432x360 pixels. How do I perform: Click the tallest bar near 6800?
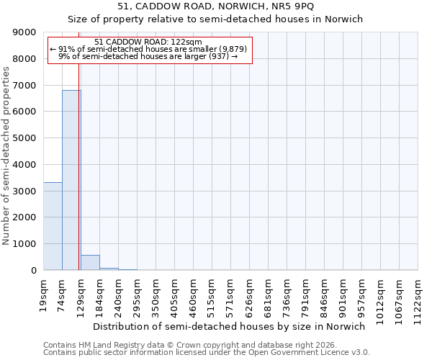click(x=71, y=180)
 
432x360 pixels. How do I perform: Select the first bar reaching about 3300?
click(x=53, y=226)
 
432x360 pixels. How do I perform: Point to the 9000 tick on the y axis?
click(x=26, y=32)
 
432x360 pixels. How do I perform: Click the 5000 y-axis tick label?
click(x=26, y=138)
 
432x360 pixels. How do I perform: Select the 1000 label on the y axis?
click(x=26, y=244)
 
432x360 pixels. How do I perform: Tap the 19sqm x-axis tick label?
click(x=43, y=292)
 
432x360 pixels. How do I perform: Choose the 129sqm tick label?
click(x=81, y=293)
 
